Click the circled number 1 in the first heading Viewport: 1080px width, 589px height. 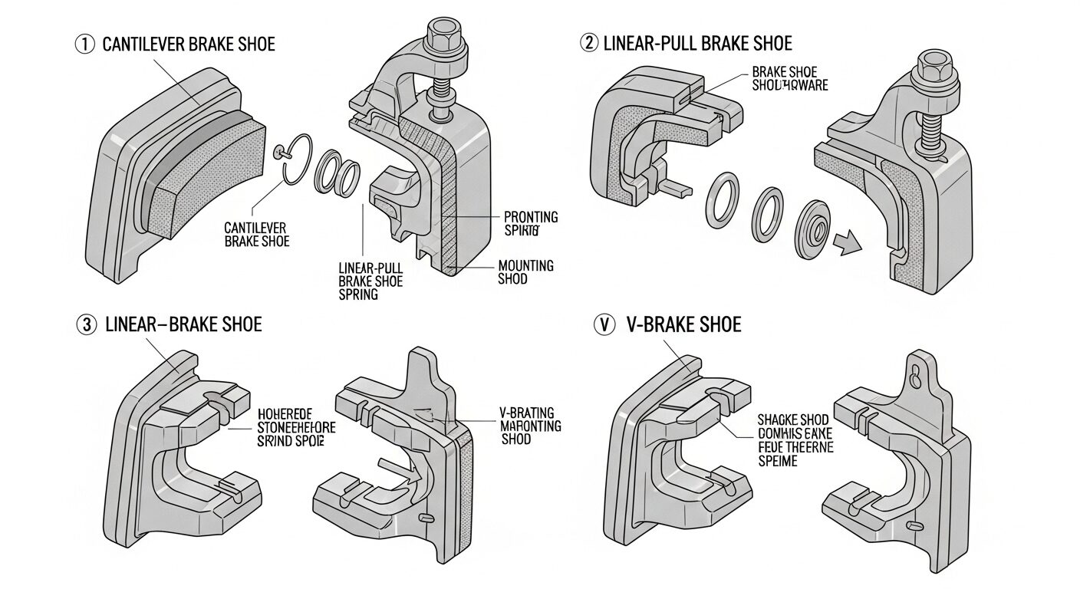pos(84,44)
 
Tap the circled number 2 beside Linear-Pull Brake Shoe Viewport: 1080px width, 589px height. pos(589,43)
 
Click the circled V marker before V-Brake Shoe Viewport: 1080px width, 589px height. pos(605,325)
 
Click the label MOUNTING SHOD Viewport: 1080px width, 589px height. pos(525,272)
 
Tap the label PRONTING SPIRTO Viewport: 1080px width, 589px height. pos(531,223)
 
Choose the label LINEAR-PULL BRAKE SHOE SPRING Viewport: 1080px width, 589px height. pos(370,281)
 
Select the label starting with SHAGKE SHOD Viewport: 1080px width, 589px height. pos(793,441)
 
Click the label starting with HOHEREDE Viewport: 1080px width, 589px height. pos(291,426)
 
